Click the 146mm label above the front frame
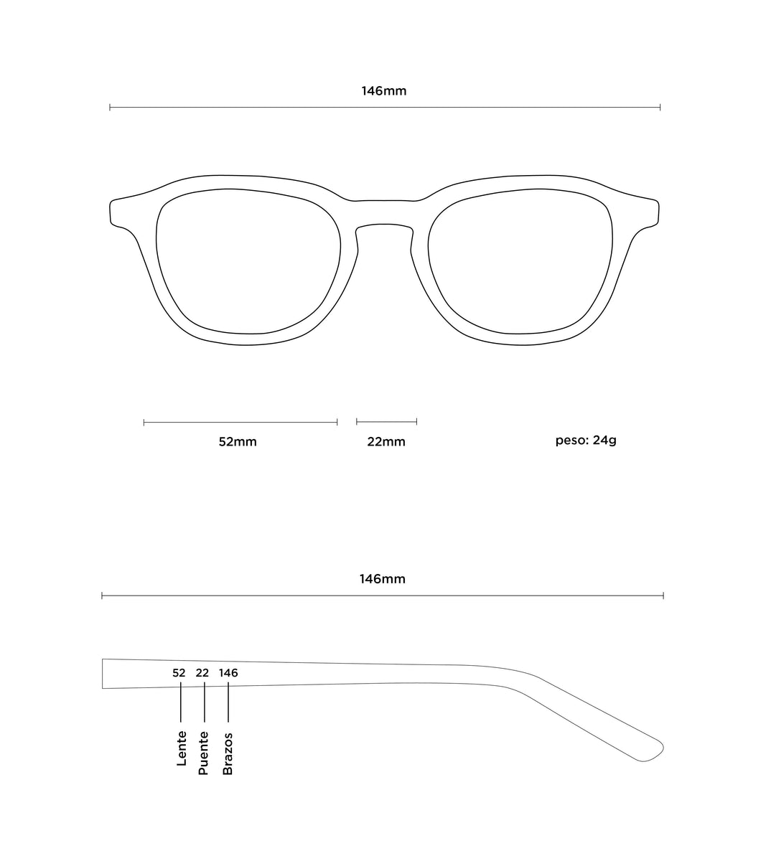click(383, 91)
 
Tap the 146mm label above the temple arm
click(383, 579)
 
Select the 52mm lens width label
click(238, 441)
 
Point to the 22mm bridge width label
click(386, 441)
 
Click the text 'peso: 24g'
click(586, 441)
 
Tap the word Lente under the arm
click(182, 748)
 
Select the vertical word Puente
click(203, 753)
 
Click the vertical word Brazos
click(228, 753)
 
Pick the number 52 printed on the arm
click(179, 673)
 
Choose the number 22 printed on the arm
click(202, 673)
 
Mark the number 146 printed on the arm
click(228, 673)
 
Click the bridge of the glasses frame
click(385, 212)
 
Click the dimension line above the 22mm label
click(387, 422)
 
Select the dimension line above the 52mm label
click(240, 422)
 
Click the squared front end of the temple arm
click(103, 674)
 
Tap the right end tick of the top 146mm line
click(660, 107)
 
